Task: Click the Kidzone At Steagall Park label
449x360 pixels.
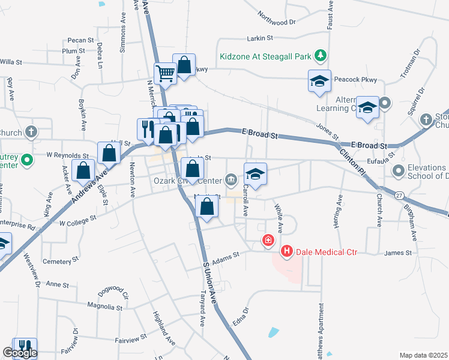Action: click(x=265, y=56)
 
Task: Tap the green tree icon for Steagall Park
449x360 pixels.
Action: click(x=321, y=56)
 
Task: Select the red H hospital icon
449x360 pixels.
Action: click(x=286, y=251)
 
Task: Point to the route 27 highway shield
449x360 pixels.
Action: click(x=399, y=195)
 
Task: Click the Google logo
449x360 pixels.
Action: click(x=19, y=353)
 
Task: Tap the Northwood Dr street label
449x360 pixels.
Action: click(x=276, y=17)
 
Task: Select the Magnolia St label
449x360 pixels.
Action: click(x=105, y=307)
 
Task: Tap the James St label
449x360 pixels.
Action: click(x=397, y=253)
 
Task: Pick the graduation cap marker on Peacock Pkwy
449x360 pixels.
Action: click(x=319, y=81)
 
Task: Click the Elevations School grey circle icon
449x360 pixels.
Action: click(x=398, y=172)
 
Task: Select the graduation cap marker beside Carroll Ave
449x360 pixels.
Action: click(x=255, y=174)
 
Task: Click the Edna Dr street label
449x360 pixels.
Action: click(x=244, y=317)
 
